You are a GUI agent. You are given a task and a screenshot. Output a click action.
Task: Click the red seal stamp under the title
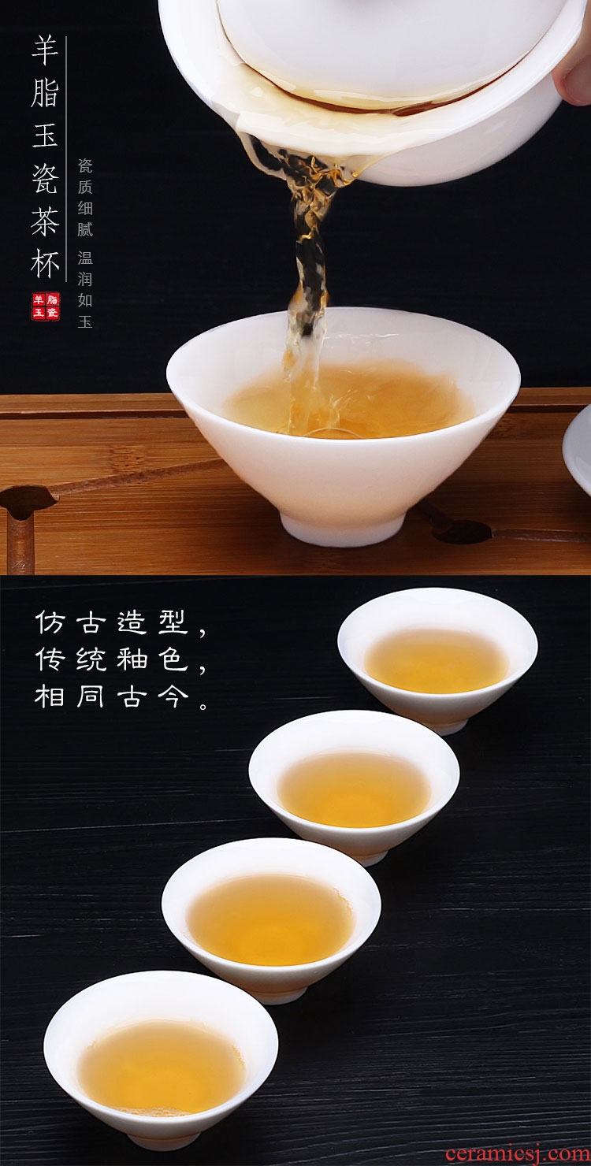pos(46,306)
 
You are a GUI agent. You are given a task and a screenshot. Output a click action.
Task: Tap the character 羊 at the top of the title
pos(45,51)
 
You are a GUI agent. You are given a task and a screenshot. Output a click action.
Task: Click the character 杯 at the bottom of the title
pos(45,264)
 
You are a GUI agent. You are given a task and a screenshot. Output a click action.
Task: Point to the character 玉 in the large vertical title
pos(45,135)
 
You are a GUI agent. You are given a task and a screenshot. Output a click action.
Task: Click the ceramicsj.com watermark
pos(518,1153)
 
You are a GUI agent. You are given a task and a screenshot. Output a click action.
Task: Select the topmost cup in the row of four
pos(437,659)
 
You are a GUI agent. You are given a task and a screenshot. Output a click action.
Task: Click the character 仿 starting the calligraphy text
pos(50,622)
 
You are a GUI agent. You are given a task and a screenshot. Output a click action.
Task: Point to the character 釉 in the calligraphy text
pos(132,659)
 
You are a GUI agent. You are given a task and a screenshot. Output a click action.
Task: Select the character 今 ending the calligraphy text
pos(173,696)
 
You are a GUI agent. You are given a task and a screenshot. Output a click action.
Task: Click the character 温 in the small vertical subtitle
pos(85,257)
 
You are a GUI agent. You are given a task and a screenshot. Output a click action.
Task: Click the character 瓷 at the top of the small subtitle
pos(85,166)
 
